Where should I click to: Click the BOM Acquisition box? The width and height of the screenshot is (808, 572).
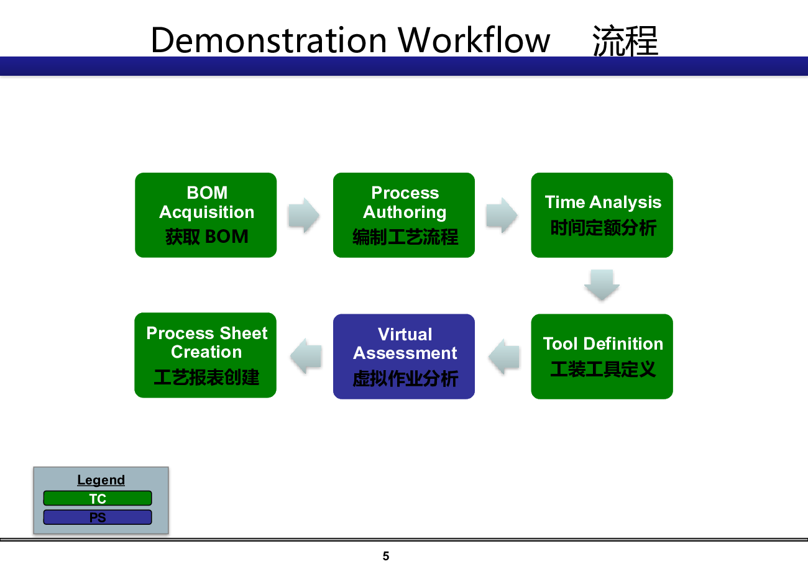tap(206, 215)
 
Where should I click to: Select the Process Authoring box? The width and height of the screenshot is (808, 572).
tap(403, 215)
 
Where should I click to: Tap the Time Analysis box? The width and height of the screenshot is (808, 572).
tap(602, 215)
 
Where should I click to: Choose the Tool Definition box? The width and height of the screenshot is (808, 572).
tap(602, 356)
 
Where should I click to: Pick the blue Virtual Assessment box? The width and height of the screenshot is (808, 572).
tap(403, 356)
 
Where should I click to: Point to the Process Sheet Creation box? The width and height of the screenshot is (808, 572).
tap(206, 355)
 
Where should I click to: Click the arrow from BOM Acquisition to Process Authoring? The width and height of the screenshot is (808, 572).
tap(304, 215)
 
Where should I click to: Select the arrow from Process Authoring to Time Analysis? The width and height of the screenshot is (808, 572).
tap(502, 215)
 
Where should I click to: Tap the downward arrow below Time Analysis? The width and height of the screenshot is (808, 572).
tap(602, 284)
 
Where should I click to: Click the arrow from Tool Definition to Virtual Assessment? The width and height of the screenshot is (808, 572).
tap(504, 356)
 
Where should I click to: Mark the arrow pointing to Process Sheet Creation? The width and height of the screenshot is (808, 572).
tap(306, 356)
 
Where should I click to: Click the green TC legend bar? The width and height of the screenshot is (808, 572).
tap(98, 498)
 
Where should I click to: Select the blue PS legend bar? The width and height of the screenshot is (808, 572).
tap(98, 517)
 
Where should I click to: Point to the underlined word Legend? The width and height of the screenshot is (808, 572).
tap(101, 480)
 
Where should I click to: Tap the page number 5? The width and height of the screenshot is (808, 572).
tap(385, 556)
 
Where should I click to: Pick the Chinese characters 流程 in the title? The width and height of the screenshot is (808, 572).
tap(625, 41)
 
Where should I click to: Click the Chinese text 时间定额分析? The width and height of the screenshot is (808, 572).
tap(603, 228)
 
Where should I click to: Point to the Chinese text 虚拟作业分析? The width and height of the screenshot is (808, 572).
tap(405, 378)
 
